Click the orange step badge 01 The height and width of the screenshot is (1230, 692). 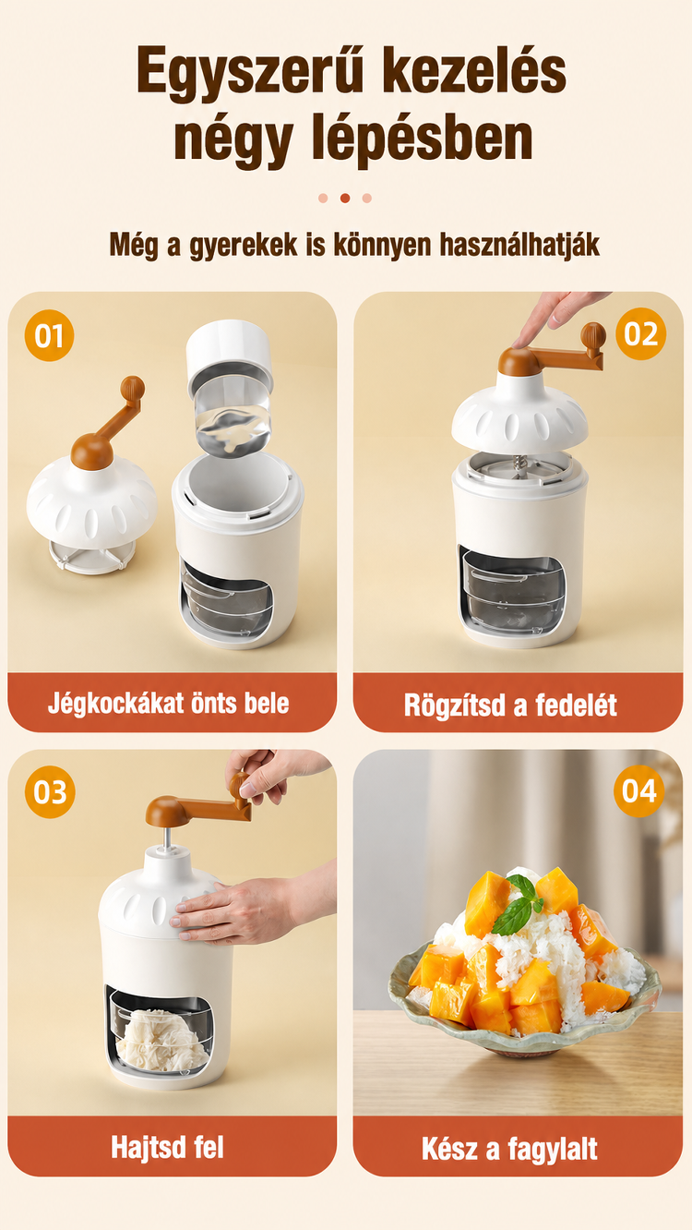pyautogui.click(x=50, y=335)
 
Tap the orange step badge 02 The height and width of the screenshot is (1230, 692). pyautogui.click(x=640, y=334)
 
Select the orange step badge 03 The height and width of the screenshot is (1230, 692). pyautogui.click(x=50, y=791)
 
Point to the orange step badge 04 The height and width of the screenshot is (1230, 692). pyautogui.click(x=638, y=791)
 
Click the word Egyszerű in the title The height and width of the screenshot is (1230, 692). pyautogui.click(x=250, y=72)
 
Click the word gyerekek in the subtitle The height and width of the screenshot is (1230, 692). pyautogui.click(x=244, y=246)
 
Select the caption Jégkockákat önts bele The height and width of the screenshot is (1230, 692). pyautogui.click(x=169, y=703)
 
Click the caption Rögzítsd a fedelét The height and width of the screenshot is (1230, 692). pyautogui.click(x=510, y=705)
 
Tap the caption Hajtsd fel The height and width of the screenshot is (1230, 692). pyautogui.click(x=167, y=1147)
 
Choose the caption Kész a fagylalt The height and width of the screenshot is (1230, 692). pyautogui.click(x=509, y=1149)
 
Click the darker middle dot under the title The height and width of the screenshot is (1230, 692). pyautogui.click(x=345, y=198)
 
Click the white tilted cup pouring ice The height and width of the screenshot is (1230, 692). pyautogui.click(x=230, y=386)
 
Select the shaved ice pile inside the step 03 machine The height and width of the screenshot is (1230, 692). pyautogui.click(x=161, y=1041)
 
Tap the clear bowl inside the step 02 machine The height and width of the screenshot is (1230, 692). pyautogui.click(x=513, y=590)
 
